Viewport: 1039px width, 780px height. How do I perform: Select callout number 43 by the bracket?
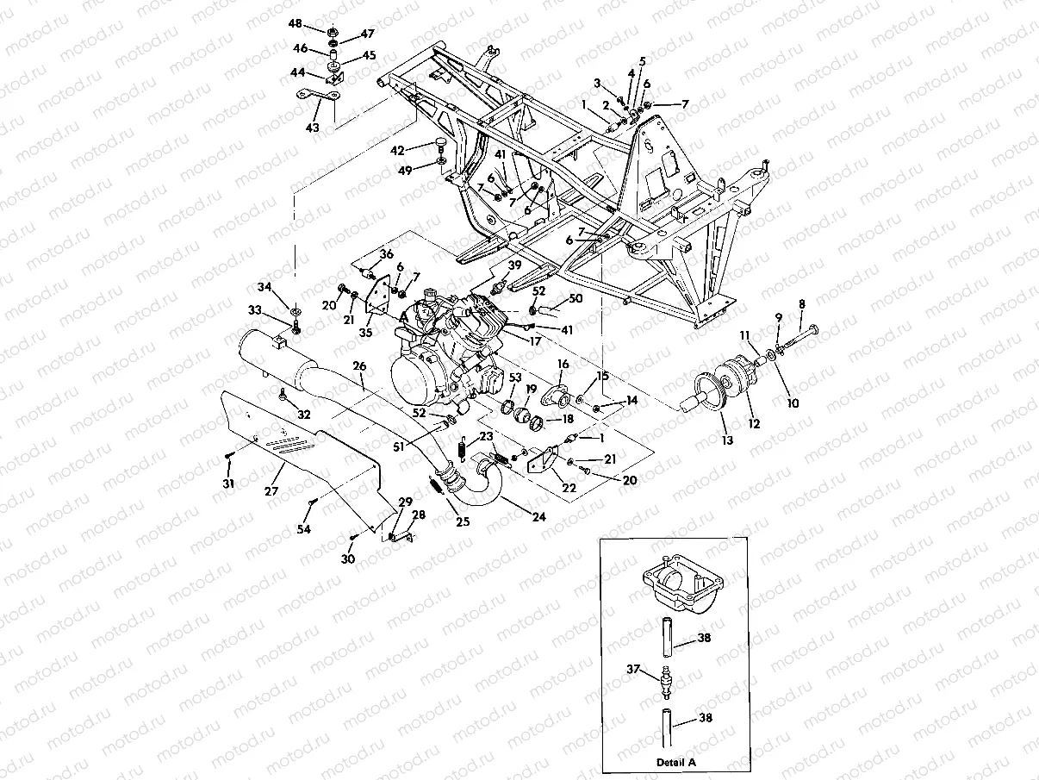(312, 127)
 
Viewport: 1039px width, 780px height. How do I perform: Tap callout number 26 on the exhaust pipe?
(359, 366)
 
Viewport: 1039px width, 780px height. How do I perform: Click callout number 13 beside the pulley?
(728, 440)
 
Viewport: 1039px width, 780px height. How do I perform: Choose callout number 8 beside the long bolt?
(802, 303)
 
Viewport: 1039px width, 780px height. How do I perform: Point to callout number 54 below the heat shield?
(304, 529)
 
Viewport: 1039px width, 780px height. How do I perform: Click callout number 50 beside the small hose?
(575, 297)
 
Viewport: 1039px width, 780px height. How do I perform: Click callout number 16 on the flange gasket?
(563, 365)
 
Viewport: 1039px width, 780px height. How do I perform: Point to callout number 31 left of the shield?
(227, 484)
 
